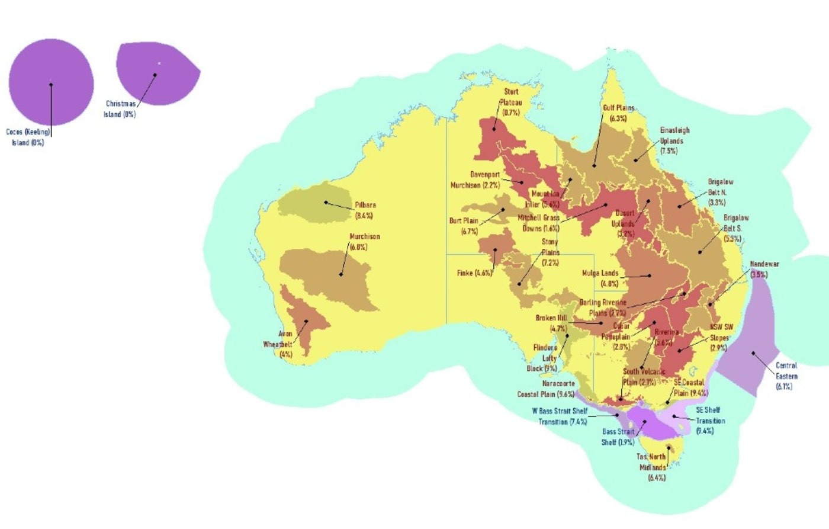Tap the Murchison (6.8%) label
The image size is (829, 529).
(x=364, y=242)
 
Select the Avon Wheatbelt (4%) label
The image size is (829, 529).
(x=278, y=344)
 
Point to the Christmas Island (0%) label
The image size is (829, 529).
(x=120, y=109)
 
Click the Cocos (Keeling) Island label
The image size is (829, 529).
(x=28, y=137)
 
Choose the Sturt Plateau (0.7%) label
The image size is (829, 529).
(x=510, y=102)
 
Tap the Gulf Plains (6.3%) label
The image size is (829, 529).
(x=618, y=113)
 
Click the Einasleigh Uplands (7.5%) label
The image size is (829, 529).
(x=674, y=140)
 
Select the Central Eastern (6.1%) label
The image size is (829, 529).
(x=786, y=376)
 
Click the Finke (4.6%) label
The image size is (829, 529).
(x=474, y=273)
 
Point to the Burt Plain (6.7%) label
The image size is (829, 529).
(x=464, y=226)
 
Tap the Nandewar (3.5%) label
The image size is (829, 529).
(x=764, y=269)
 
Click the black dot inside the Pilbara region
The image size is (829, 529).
(x=326, y=203)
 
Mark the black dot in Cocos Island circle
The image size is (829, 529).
(x=51, y=85)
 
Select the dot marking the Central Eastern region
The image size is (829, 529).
(x=753, y=354)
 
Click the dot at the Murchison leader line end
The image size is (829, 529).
(x=341, y=274)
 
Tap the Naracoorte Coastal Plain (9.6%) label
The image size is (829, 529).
(x=546, y=389)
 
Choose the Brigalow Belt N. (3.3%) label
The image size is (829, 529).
(x=720, y=192)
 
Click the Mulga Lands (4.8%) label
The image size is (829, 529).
(x=600, y=278)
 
